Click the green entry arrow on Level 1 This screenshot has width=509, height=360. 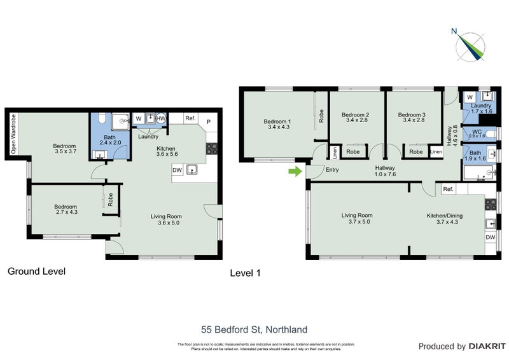tap(295, 171)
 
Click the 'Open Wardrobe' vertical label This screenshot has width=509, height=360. tap(12, 134)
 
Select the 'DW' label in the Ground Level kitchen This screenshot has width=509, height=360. tap(178, 170)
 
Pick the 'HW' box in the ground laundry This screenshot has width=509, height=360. tap(162, 118)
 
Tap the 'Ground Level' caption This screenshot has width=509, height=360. tap(36, 272)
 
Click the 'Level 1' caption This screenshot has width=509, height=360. tap(245, 273)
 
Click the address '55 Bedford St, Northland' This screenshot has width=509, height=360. tap(254, 329)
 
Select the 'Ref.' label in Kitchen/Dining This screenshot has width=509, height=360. tap(448, 189)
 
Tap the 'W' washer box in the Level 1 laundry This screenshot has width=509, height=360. tap(469, 97)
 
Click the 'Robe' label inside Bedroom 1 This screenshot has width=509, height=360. tap(321, 116)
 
